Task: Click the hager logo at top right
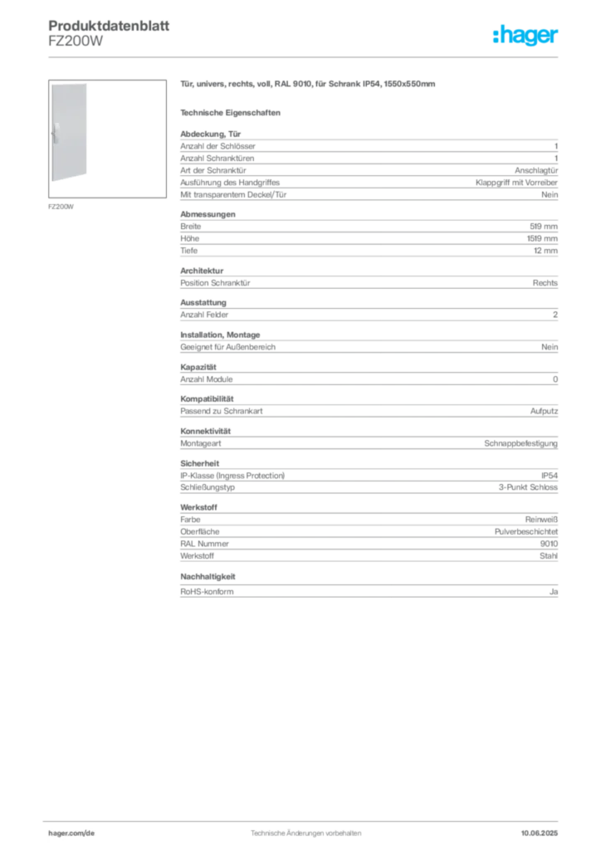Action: pos(525,35)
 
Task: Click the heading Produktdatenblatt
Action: pos(109,26)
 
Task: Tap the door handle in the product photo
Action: pos(56,134)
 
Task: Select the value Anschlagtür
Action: pos(536,170)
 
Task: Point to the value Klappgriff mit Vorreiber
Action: pos(516,183)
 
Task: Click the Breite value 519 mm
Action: pos(544,227)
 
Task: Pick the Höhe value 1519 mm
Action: pos(542,238)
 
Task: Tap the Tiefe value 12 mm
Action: pos(545,251)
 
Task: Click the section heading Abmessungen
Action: pos(208,214)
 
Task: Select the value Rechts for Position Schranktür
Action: pos(545,283)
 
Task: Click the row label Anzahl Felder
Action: pos(204,315)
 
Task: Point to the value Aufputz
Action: pos(544,411)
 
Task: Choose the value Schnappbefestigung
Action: pos(520,443)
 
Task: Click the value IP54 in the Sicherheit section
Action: pos(550,476)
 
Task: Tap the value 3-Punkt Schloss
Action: pos(528,487)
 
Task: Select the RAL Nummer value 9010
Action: pos(549,544)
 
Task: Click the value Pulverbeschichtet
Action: pos(525,532)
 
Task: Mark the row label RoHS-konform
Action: pos(207,591)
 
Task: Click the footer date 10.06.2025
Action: pos(540,833)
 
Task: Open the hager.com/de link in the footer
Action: pos(71,833)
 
